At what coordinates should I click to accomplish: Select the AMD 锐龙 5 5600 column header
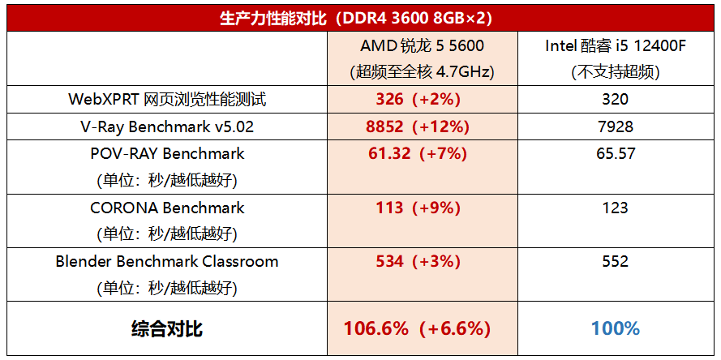(x=421, y=45)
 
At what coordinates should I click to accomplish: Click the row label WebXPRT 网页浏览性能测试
(x=167, y=100)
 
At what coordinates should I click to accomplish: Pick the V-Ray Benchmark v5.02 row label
(x=167, y=126)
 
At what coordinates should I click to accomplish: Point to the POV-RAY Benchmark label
(x=167, y=153)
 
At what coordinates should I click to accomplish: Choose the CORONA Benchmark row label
(x=167, y=208)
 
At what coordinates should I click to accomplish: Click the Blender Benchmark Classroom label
(x=167, y=262)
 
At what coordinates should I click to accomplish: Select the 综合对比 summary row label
(x=167, y=328)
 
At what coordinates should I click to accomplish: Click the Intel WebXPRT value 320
(x=615, y=100)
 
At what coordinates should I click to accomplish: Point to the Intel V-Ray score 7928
(x=615, y=126)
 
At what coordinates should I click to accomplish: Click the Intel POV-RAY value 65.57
(x=615, y=153)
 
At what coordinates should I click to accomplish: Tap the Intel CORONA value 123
(x=615, y=208)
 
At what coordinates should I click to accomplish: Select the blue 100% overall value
(x=615, y=328)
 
